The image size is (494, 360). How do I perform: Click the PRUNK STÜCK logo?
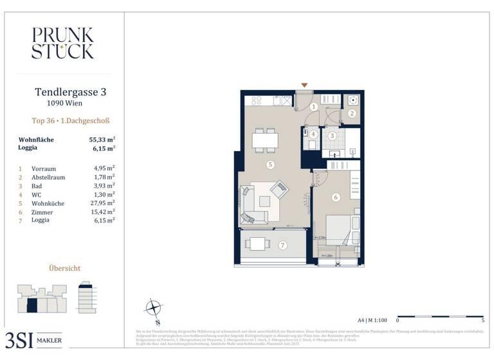point(62,43)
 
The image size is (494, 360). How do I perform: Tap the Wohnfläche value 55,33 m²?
point(102,139)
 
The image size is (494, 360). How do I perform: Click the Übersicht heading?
point(65,268)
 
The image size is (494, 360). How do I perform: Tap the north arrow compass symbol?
point(153,307)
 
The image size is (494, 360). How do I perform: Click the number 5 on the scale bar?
point(482,319)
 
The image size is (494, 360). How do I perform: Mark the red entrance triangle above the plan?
point(305,85)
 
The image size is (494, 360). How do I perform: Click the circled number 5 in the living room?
point(271,165)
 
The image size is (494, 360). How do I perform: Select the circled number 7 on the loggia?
point(282,245)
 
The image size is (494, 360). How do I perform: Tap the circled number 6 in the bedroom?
point(336,197)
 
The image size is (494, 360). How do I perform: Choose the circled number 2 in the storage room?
point(352,113)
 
